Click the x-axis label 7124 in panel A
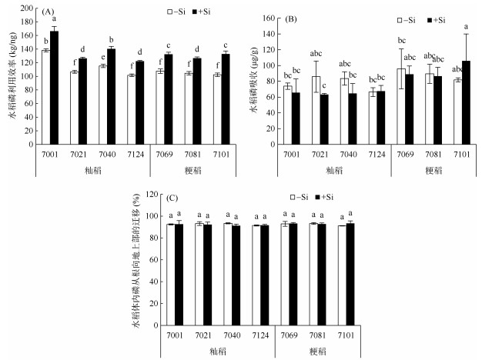136,152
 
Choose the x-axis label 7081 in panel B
433,152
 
